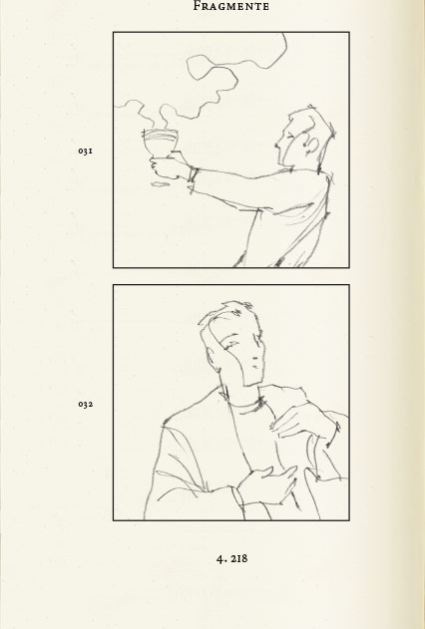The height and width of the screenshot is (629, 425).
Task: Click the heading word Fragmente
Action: tap(231, 6)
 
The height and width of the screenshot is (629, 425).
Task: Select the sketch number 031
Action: tap(86, 151)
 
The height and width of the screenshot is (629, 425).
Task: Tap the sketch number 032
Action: tap(86, 404)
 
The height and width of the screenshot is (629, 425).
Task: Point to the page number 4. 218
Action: tap(232, 558)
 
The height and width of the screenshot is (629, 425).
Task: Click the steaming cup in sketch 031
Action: tap(161, 144)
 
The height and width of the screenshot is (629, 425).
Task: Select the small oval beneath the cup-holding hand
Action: tap(161, 184)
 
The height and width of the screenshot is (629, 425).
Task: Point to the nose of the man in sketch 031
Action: tap(277, 146)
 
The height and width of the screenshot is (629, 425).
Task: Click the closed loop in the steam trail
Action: tap(212, 68)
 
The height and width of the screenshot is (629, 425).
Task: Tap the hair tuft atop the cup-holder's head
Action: tap(311, 108)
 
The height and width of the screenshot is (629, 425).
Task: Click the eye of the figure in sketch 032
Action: tap(231, 345)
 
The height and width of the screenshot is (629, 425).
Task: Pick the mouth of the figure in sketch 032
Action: tap(255, 367)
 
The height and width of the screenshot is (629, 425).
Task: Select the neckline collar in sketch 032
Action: tap(243, 403)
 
